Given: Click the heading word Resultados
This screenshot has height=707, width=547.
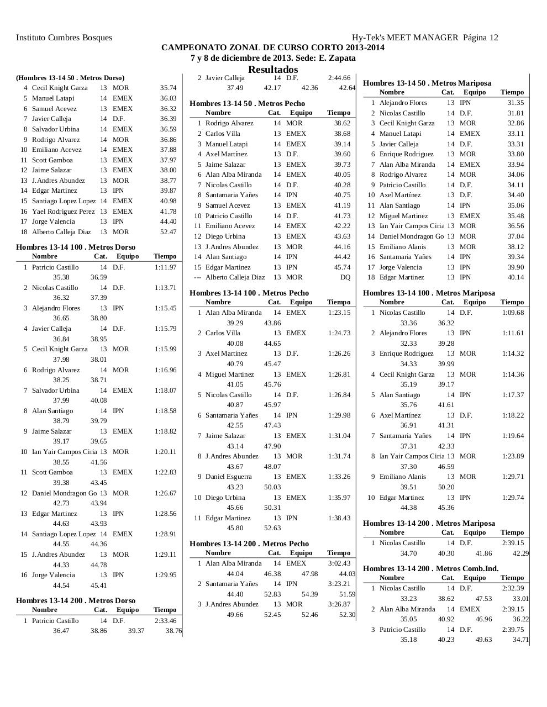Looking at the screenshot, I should click(x=273, y=70).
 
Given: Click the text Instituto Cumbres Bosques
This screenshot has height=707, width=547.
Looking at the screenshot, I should click(x=64, y=38).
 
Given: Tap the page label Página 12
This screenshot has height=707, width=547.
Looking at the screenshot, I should click(x=480, y=38).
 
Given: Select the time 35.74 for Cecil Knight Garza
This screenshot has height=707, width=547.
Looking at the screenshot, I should click(x=168, y=88).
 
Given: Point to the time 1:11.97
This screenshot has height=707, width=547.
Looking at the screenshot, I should click(x=165, y=267).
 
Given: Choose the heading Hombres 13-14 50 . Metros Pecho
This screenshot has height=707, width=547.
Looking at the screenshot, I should click(x=247, y=103).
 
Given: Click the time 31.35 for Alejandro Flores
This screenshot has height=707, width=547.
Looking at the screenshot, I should click(x=516, y=103).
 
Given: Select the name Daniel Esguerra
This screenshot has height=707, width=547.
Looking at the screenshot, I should click(x=228, y=477).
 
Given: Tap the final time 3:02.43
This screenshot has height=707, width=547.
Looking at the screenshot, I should click(x=339, y=563).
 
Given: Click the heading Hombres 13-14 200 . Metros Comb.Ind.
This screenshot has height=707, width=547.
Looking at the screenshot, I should click(x=430, y=568).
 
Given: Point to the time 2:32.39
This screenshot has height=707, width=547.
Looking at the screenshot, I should click(x=513, y=588).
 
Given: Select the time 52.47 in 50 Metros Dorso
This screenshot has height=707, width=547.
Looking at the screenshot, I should click(x=168, y=232).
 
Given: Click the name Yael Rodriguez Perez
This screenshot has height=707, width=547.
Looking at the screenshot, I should click(x=63, y=212).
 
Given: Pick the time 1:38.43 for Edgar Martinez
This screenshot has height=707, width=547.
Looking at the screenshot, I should click(x=339, y=518).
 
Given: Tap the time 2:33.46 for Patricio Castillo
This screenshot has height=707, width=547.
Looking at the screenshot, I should click(x=165, y=621).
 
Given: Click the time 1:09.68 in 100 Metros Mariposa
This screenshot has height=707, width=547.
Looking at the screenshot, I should click(x=513, y=313).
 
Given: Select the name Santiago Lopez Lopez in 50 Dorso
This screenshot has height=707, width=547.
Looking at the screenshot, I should click(x=64, y=201).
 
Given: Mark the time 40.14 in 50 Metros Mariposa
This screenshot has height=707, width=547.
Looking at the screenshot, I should click(x=516, y=277).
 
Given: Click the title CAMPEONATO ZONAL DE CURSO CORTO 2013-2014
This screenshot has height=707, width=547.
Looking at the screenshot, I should click(x=273, y=48).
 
